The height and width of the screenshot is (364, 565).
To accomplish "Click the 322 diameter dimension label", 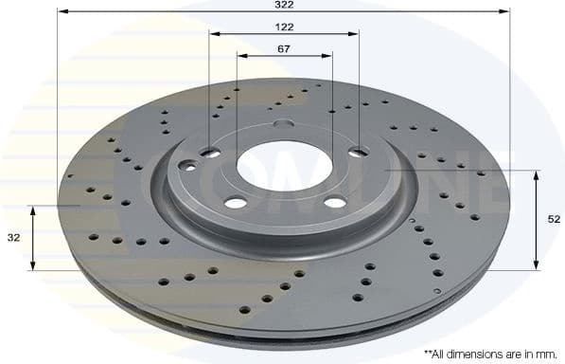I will click(283, 5).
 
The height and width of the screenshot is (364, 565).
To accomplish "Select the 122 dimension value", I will click(283, 27).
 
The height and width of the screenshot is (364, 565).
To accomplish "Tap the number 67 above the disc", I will click(283, 47).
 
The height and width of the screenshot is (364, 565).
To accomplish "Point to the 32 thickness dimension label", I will click(13, 238).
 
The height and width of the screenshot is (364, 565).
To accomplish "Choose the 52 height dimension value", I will click(554, 219).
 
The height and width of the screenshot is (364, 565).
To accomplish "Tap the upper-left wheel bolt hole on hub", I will click(210, 153).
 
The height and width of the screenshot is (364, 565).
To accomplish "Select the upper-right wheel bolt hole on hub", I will click(358, 152).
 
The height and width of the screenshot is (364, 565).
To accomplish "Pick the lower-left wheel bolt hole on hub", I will click(235, 203).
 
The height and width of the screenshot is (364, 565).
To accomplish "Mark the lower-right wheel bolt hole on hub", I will click(335, 202).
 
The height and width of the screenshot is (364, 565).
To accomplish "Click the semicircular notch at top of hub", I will click(282, 124).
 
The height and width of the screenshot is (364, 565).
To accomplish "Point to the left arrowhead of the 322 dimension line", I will click(62, 12).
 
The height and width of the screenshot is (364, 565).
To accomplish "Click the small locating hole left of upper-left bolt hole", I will click(189, 166).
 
